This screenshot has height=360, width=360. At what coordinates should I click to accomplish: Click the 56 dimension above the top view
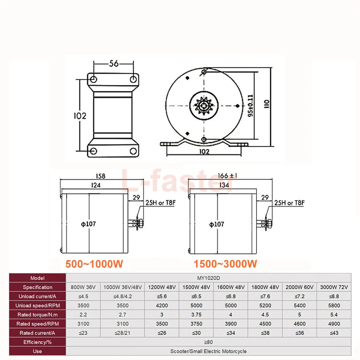click(114, 63)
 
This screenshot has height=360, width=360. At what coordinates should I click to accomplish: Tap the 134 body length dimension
click(224, 185)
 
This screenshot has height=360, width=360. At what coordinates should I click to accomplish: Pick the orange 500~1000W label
click(94, 264)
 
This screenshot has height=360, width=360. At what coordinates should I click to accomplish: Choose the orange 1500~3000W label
click(225, 264)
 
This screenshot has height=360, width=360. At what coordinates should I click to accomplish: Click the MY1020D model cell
click(213, 278)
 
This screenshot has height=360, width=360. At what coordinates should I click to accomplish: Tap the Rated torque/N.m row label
click(37, 315)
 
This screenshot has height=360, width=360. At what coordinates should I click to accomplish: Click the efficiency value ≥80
click(213, 342)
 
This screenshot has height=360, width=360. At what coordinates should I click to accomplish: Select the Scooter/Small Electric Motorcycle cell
click(213, 351)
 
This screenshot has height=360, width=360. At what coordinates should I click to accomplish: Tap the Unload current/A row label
click(37, 296)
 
